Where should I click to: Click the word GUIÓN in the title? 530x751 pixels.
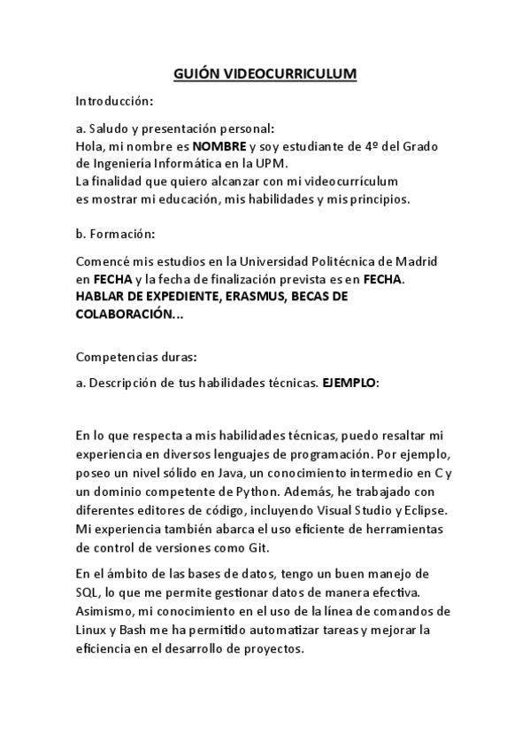(193, 74)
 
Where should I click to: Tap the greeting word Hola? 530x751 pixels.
(90, 146)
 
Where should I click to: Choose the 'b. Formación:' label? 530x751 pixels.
(116, 234)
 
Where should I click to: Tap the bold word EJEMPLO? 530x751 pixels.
(349, 383)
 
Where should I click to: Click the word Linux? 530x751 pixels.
(92, 631)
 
